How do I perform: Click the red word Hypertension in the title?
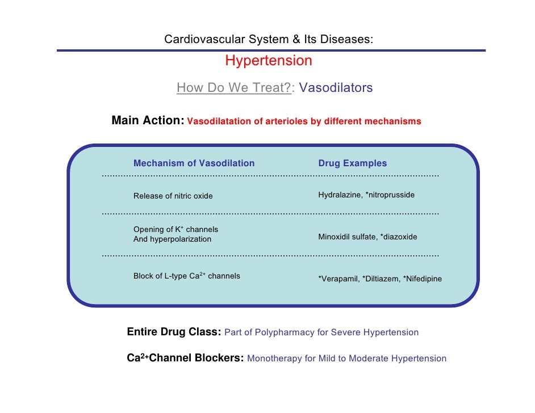269,61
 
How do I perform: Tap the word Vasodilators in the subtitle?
336,88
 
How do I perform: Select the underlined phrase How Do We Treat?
233,88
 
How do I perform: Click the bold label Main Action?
148,121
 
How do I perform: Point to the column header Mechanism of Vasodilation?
194,163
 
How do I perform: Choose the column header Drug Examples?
352,163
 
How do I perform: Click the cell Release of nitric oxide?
173,196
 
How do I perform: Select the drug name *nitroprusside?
390,195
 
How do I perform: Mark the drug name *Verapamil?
338,279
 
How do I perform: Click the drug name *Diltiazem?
381,279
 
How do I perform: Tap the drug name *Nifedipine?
422,279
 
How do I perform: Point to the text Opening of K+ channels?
175,230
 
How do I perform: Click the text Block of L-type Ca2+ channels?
186,276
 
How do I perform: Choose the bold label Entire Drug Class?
174,332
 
